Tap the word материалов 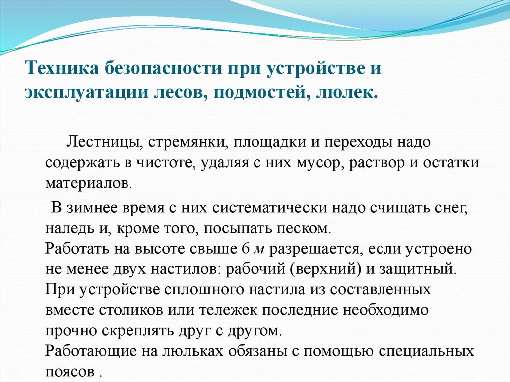[x=89, y=183]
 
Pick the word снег [x=451, y=208]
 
